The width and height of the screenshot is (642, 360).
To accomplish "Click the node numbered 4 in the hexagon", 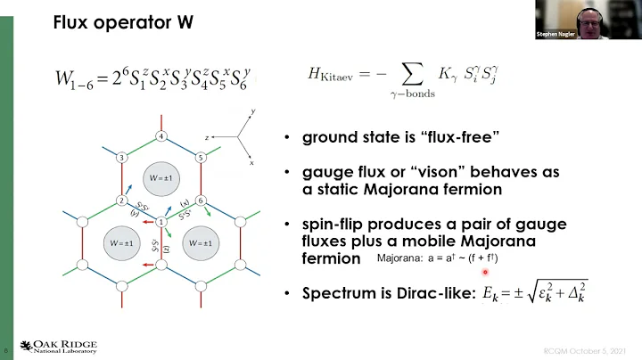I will coord(160,136).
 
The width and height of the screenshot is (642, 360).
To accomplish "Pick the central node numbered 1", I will coord(160,222).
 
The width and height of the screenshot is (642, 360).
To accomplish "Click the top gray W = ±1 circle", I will coord(160,178).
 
